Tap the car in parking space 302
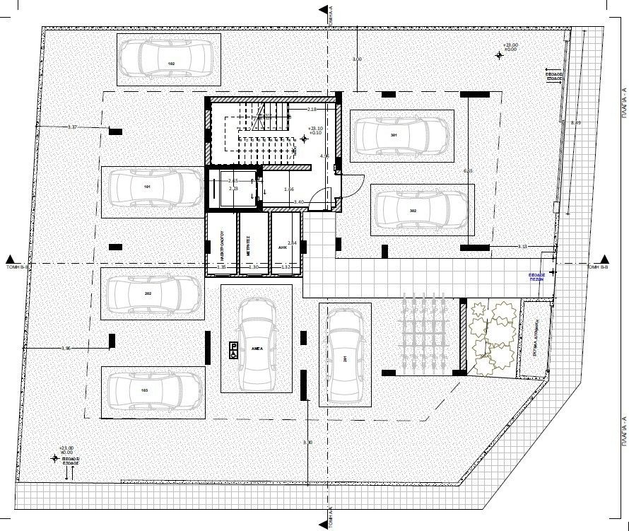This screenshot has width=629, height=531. coord(421,210)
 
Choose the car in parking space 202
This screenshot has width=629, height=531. coord(152,293)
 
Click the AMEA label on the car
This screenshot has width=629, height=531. coord(257,349)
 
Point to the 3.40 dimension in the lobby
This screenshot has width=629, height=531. coord(298,203)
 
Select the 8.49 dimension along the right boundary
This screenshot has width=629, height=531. coord(575,123)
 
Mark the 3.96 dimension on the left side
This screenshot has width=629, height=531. coord(67,349)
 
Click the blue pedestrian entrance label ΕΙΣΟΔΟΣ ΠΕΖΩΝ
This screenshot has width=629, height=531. coord(539,276)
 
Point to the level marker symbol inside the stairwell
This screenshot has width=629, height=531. coord(304,139)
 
